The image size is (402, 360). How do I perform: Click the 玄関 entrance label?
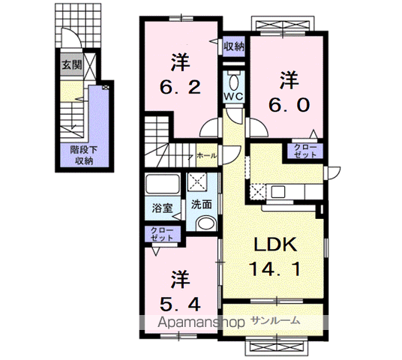coord(71,63)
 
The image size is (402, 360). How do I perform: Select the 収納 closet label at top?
coord(233,46)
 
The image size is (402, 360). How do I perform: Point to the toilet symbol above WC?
coord(232,80)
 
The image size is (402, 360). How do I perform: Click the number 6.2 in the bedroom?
coord(181,87)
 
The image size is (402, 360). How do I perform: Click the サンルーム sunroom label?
coord(275,320)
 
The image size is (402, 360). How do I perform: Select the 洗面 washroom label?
coord(200,204)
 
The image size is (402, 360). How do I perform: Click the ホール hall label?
coord(206,156)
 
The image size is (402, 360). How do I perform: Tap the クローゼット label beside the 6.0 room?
coord(304,150)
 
